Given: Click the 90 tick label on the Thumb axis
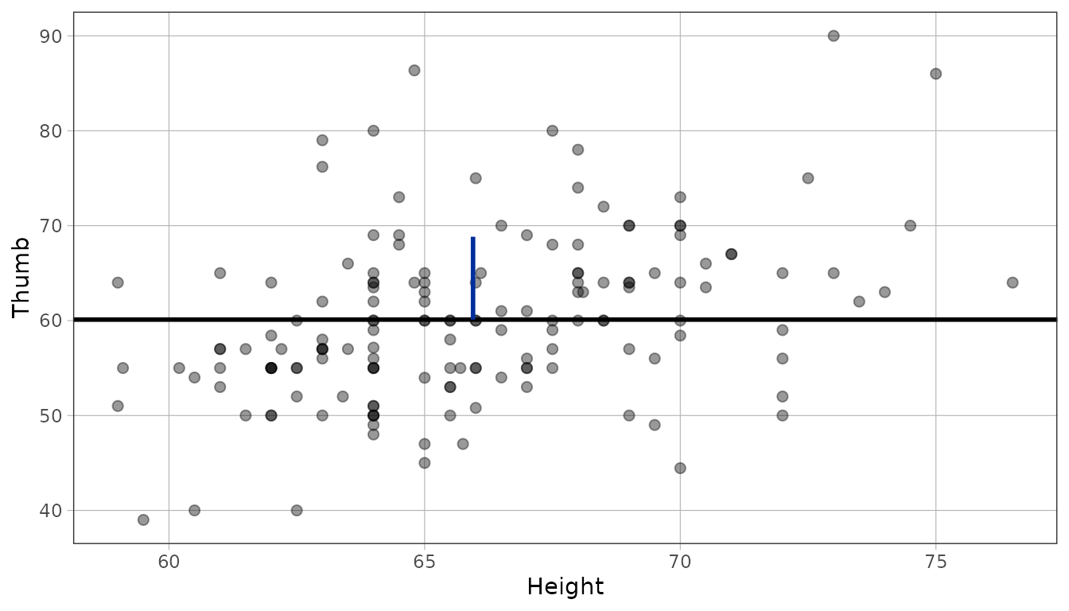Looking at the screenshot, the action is (x=51, y=37).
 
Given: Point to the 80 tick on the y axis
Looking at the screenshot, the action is (x=51, y=130).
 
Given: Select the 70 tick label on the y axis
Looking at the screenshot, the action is (x=51, y=226).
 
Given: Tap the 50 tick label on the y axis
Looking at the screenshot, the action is (x=51, y=416).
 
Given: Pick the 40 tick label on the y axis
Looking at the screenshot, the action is (x=51, y=511).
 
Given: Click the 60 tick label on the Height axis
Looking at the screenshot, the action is (x=169, y=562).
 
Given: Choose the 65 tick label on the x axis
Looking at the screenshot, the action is (x=424, y=562).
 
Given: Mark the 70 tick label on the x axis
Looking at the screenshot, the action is (x=680, y=562).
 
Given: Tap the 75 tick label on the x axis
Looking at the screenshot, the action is (x=935, y=562).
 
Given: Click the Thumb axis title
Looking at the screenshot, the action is (x=21, y=278).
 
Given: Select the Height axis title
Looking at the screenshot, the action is (x=566, y=586).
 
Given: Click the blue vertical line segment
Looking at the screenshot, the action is (x=473, y=278).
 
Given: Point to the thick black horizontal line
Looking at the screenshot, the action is (x=565, y=319).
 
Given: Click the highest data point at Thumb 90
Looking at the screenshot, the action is (x=834, y=36).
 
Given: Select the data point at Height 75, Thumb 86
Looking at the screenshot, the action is (x=935, y=74).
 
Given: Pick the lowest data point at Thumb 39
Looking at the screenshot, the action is (x=143, y=520).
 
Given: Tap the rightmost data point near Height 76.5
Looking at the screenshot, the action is (x=1013, y=282).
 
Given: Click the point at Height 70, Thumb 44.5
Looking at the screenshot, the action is (x=680, y=469).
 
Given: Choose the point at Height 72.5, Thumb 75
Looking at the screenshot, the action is (x=808, y=178).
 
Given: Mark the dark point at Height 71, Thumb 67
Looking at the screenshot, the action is (x=731, y=254).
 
